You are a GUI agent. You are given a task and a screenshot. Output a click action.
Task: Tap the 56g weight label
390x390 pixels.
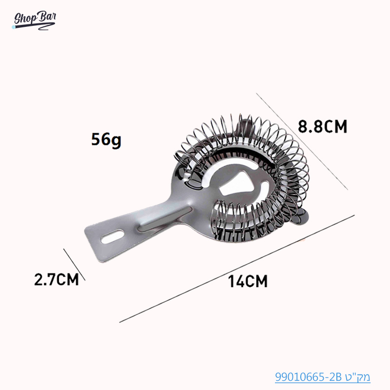pyautogui.click(x=106, y=140)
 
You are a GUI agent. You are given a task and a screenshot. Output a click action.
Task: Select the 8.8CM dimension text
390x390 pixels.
pyautogui.click(x=322, y=127)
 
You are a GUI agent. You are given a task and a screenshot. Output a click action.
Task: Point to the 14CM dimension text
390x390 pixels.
pyautogui.click(x=248, y=281)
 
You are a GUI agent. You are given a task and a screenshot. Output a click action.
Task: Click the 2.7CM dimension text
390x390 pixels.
pyautogui.click(x=56, y=280)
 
